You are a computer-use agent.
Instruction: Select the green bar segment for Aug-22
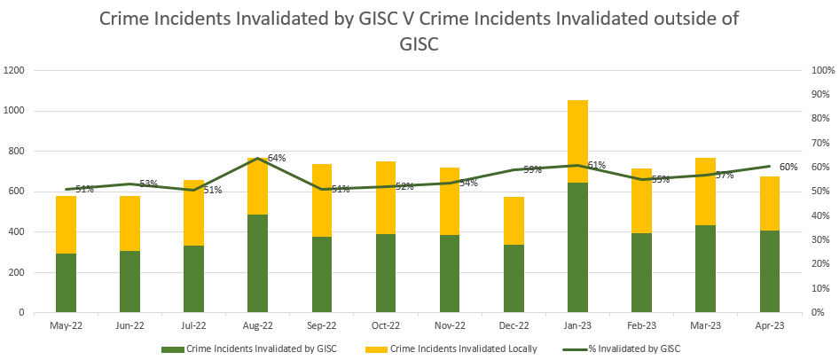(x=258, y=263)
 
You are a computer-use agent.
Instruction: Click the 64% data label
(x=277, y=158)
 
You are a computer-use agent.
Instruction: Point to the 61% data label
(x=596, y=165)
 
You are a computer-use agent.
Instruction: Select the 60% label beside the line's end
(x=788, y=167)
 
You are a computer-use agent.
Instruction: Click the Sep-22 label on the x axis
(x=322, y=325)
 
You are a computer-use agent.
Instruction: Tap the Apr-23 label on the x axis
(x=769, y=325)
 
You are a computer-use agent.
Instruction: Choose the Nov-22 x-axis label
(x=450, y=325)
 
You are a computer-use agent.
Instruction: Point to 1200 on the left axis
(x=15, y=70)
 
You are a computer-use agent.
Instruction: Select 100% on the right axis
(x=820, y=70)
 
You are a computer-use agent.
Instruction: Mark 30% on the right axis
(x=818, y=240)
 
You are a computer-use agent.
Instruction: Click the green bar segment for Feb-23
(x=641, y=273)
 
